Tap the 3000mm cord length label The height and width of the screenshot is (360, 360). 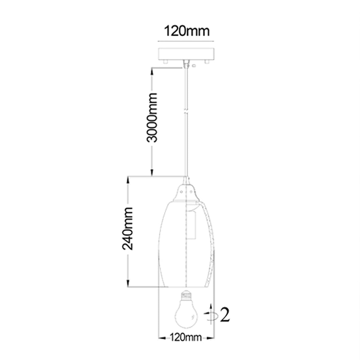152,117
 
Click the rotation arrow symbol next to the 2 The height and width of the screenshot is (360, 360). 211,315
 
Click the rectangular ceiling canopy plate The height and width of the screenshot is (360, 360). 186,54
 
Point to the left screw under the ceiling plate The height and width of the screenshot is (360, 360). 165,62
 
